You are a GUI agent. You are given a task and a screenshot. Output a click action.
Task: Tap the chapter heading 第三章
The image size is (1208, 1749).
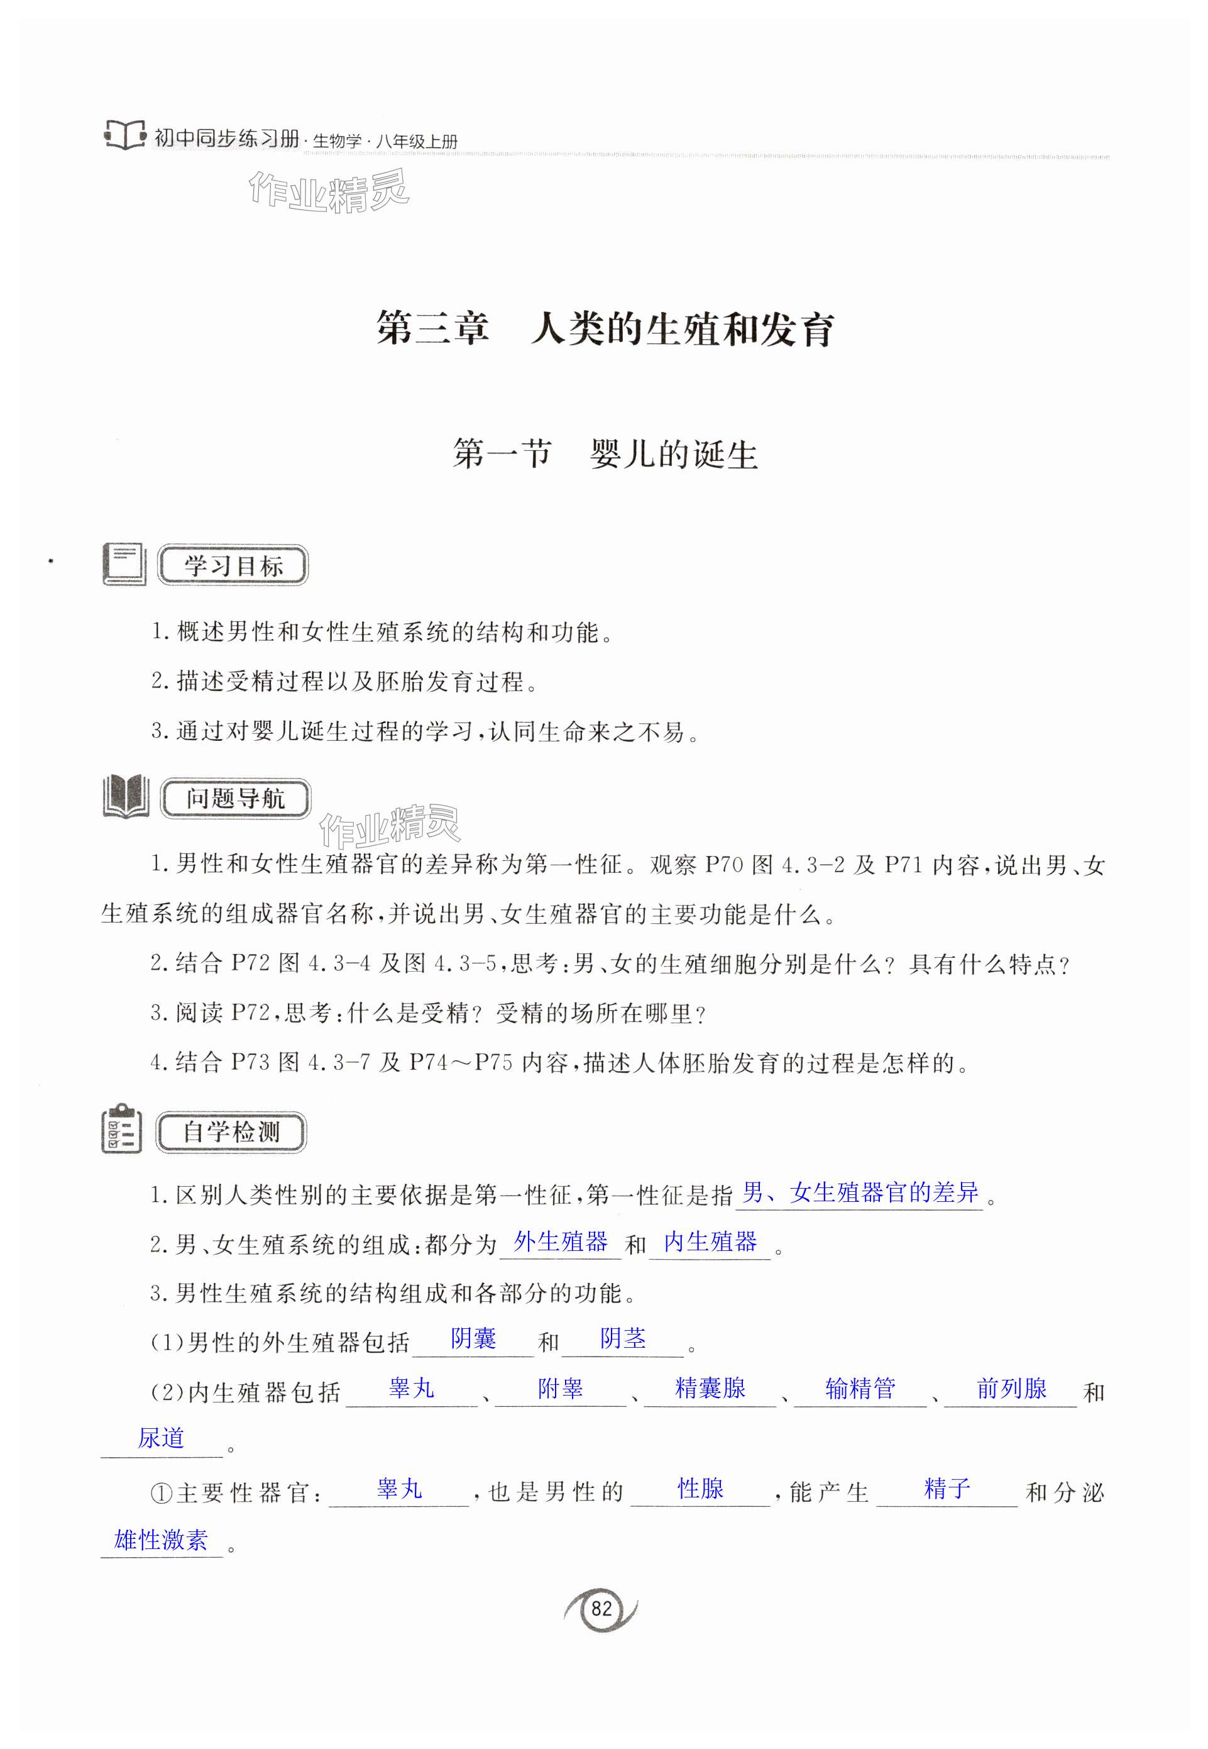tap(432, 330)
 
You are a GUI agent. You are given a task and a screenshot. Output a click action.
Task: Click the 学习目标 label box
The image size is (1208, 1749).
tap(233, 565)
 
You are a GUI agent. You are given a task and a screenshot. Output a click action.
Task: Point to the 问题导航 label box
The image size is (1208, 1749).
tap(236, 798)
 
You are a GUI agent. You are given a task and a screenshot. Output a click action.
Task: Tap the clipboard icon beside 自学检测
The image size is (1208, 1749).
tap(121, 1130)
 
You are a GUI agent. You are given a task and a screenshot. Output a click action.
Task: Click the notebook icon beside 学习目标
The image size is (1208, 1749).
tap(123, 564)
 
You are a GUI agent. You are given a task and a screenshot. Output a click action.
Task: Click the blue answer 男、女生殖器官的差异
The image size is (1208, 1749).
tap(860, 1192)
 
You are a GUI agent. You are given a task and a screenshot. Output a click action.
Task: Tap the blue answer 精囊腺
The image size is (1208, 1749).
tap(710, 1388)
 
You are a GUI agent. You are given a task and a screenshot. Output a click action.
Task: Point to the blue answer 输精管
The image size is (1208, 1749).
tap(860, 1388)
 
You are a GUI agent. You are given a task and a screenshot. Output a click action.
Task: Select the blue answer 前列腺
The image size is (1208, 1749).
tap(1011, 1388)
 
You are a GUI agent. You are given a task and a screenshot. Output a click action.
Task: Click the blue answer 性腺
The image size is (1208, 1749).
tap(700, 1489)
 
